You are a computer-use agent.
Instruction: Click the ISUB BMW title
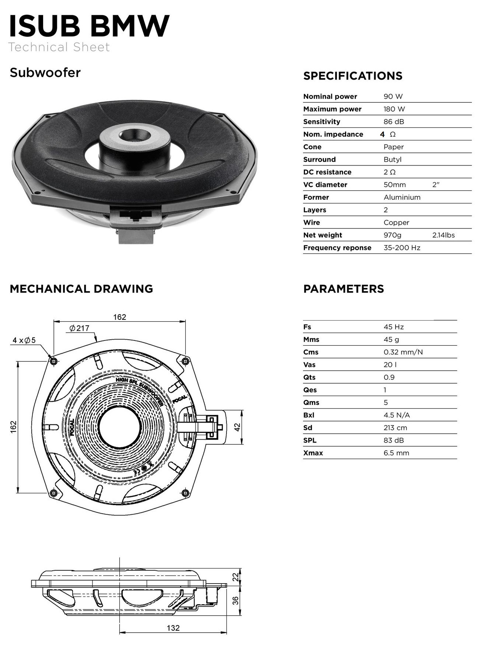coord(89,26)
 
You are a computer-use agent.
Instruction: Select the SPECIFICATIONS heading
coord(353,76)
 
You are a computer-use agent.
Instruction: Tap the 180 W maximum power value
coord(394,109)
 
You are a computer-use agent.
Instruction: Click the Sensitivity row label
coord(321,122)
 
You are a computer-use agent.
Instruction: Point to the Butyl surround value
coord(393,160)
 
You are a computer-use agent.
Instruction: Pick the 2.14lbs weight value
coord(443,235)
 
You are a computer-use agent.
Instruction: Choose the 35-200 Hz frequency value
coord(402,248)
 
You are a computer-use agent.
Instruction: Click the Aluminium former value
coord(402,197)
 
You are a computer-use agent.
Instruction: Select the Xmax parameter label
coord(313,453)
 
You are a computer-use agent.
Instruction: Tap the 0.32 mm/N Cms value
coord(403,352)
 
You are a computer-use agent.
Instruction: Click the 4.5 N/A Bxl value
coord(397,415)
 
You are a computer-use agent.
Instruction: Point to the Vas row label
coord(309,365)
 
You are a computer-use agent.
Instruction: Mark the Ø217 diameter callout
coord(79,328)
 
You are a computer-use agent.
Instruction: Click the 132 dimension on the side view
coord(173,627)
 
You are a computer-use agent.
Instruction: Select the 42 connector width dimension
coord(237,427)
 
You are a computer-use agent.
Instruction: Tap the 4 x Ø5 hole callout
coord(24,340)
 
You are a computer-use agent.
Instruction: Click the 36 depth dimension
coord(235,600)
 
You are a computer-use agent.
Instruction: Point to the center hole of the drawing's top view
coord(119,427)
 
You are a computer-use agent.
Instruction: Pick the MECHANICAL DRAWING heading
coord(81,289)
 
